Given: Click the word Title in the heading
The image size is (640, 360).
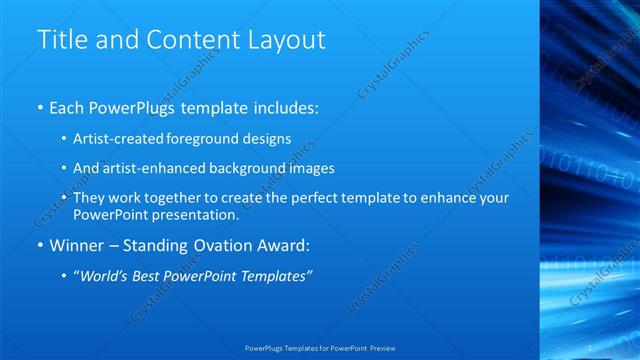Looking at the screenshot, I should [62, 40].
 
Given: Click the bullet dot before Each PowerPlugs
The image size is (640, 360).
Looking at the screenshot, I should [39, 105].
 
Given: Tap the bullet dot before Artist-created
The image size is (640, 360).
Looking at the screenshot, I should [64, 137].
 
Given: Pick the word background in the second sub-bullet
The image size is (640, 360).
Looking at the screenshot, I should [249, 168].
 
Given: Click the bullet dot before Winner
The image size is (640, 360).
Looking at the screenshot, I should [39, 246].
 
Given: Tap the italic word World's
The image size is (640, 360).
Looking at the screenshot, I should [101, 277].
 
